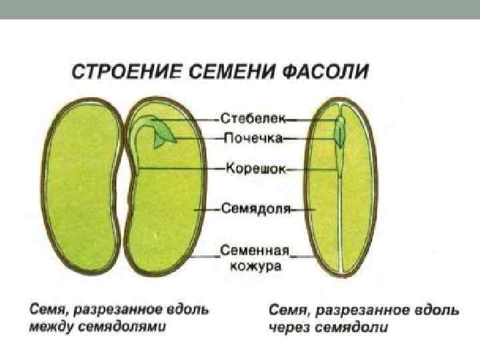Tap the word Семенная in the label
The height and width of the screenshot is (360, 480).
[254, 251]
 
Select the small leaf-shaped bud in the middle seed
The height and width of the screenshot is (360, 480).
[163, 135]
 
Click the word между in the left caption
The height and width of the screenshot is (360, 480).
[49, 327]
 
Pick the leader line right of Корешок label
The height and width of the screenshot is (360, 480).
[297, 169]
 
